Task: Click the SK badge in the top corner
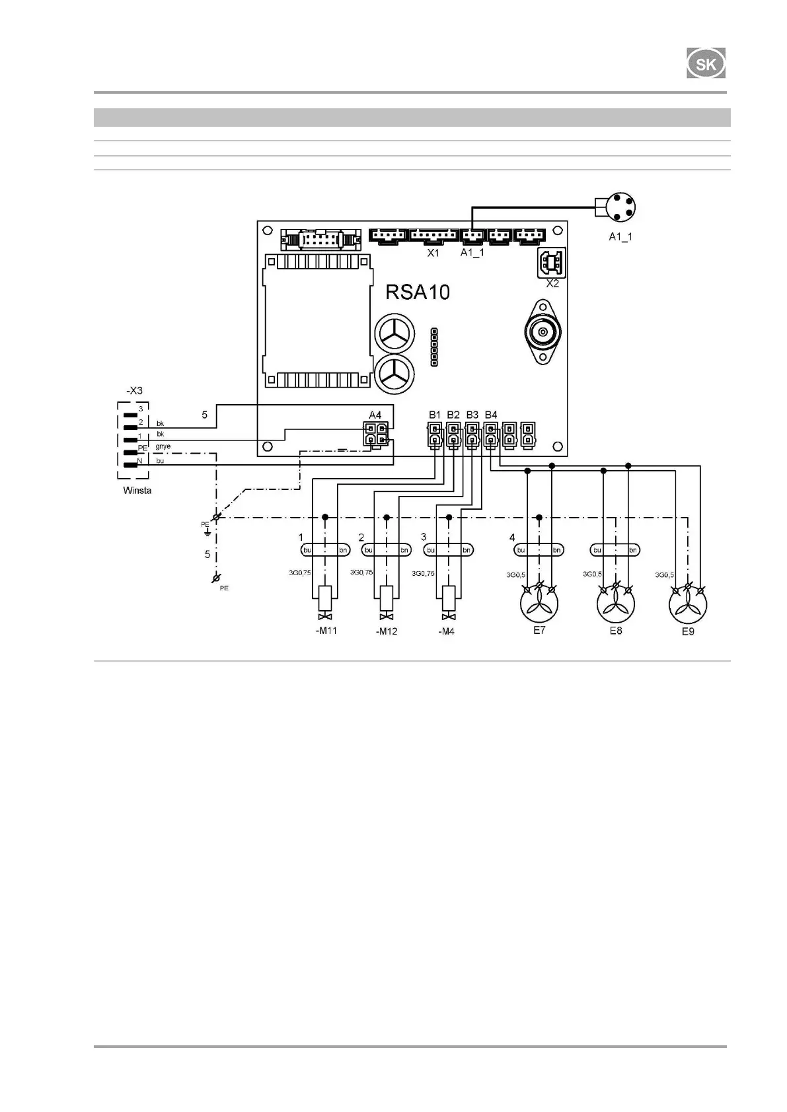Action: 706,65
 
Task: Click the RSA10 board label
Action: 418,292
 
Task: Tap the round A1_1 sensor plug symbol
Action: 624,208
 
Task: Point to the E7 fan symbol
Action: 539,604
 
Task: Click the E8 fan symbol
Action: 616,604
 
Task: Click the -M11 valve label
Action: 326,631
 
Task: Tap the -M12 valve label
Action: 387,631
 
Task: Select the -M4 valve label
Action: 447,631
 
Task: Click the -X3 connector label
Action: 134,390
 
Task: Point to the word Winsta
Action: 137,491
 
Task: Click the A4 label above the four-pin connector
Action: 375,414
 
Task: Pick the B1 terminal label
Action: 434,414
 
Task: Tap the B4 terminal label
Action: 491,414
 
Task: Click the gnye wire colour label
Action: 163,446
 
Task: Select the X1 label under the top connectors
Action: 433,252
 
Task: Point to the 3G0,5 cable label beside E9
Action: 664,575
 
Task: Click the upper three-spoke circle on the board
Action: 396,335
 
